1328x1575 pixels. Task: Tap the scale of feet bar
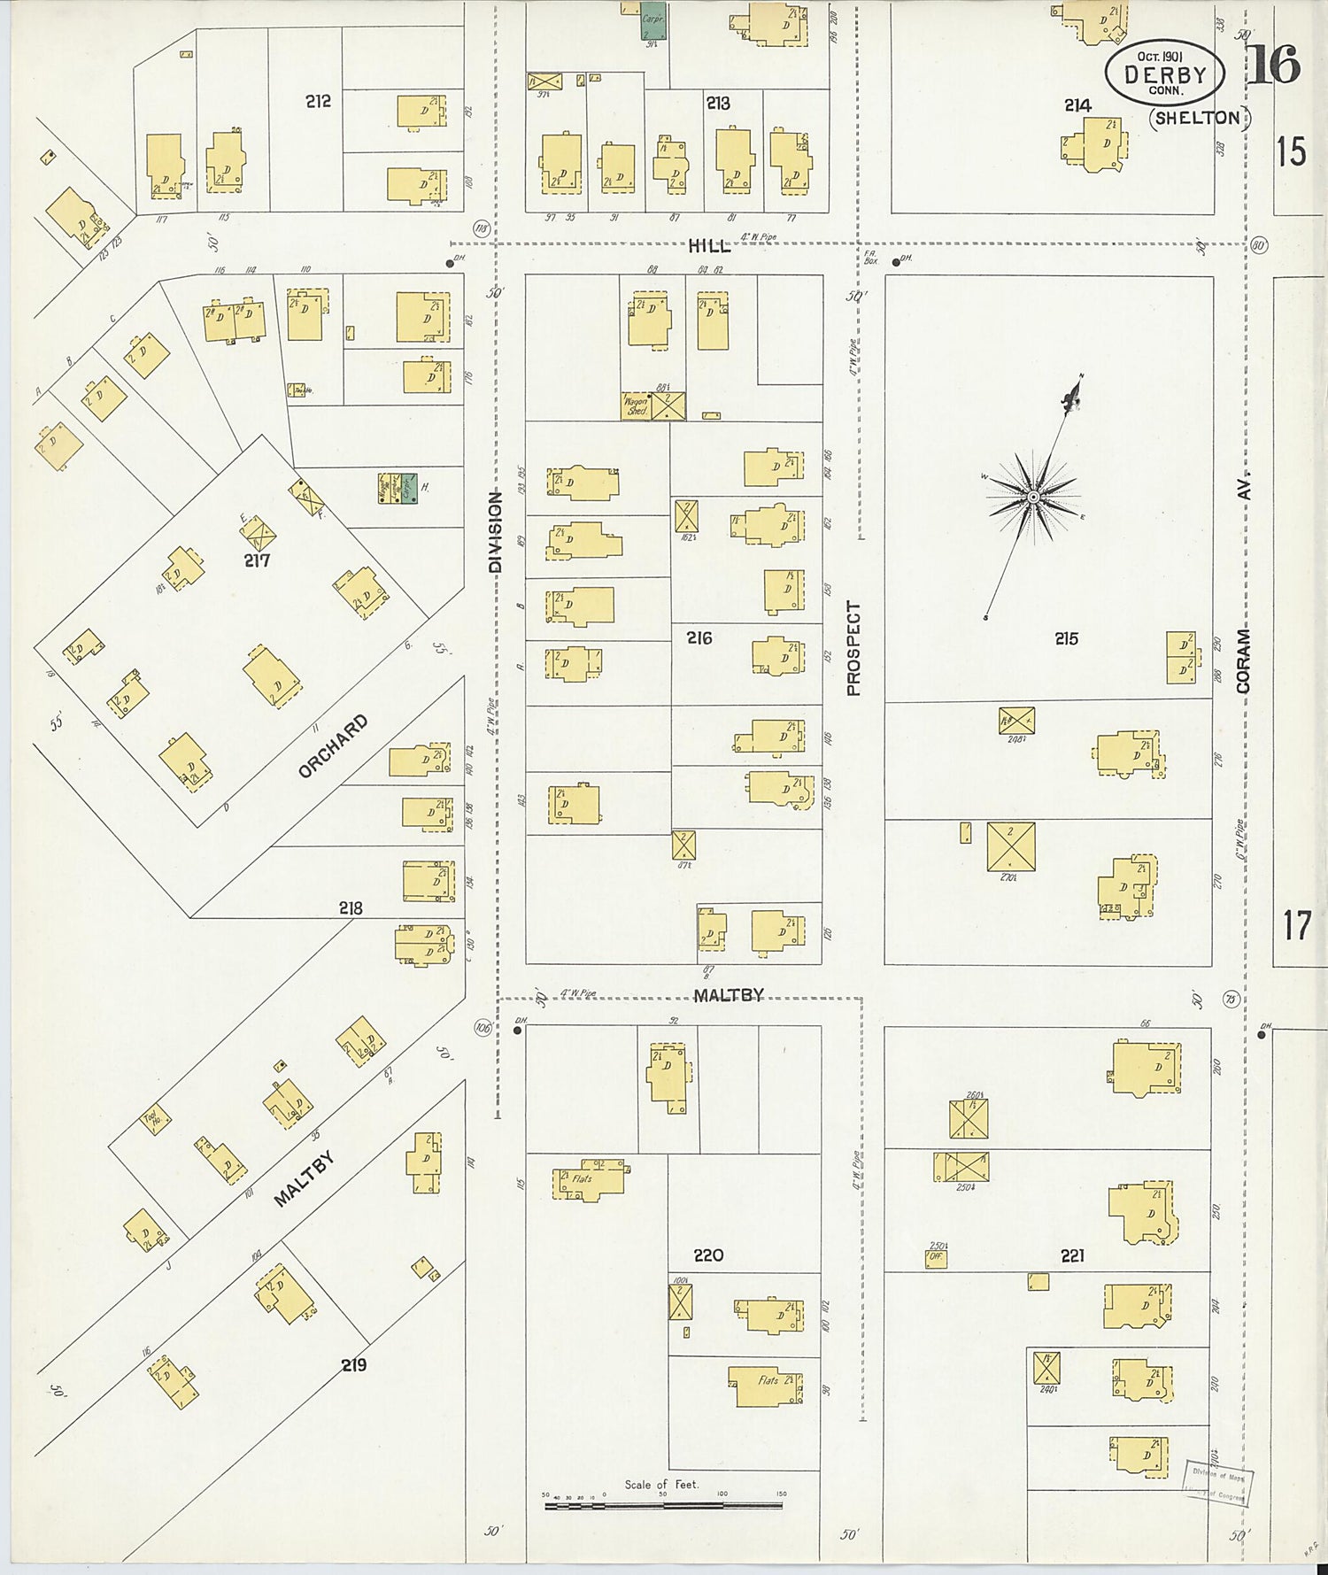662,1503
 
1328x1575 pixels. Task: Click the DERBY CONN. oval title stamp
1164,73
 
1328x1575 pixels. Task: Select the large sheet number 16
1274,64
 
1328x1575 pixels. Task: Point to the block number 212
318,101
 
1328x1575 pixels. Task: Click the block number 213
718,104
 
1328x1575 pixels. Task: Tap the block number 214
1077,105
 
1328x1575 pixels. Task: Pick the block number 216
699,637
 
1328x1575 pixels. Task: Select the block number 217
258,560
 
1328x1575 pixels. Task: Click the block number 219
354,1364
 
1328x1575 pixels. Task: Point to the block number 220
708,1255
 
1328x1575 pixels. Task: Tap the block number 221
1072,1255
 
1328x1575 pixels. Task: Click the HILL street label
709,246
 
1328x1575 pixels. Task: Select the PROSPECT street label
853,648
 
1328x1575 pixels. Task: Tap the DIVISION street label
495,531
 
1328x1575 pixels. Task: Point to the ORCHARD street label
332,746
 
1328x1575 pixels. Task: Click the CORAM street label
1245,660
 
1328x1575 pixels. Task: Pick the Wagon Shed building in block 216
637,406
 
